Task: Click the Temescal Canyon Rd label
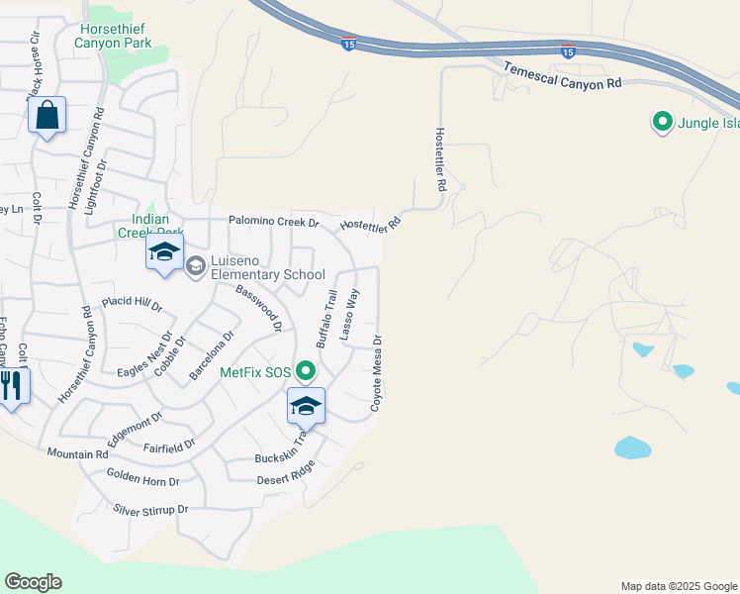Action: [562, 76]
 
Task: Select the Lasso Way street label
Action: [349, 316]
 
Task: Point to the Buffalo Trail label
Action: [327, 318]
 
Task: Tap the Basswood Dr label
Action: [259, 307]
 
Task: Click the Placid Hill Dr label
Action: [132, 303]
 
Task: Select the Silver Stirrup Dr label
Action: [150, 510]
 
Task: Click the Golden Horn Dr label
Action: [143, 480]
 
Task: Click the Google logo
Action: [33, 582]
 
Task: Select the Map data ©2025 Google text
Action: [678, 586]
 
